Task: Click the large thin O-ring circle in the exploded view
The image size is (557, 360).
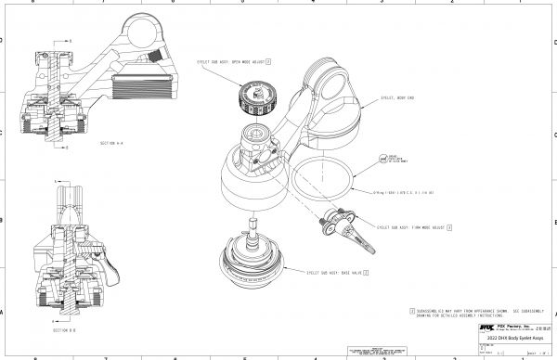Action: pyautogui.click(x=321, y=172)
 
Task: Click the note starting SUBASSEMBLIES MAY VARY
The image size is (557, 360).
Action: pyautogui.click(x=473, y=311)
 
